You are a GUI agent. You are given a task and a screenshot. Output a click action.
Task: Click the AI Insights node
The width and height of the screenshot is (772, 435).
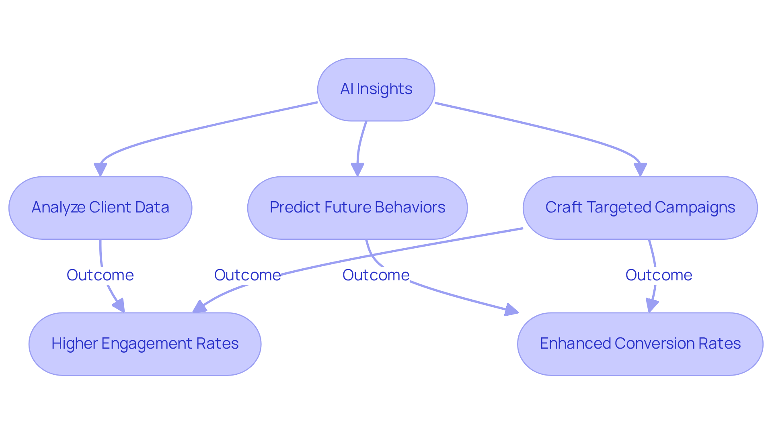[376, 89]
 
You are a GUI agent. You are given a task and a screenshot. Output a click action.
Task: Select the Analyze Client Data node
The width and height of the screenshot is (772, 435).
[100, 208]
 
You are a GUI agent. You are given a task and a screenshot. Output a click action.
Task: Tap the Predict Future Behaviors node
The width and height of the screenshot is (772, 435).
[357, 208]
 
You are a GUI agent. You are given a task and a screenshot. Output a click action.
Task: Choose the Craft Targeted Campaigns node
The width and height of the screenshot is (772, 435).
[640, 208]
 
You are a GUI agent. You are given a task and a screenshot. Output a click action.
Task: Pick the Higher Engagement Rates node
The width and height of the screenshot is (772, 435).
[145, 344]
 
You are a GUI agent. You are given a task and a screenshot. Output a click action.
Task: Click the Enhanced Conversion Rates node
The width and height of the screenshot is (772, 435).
[640, 344]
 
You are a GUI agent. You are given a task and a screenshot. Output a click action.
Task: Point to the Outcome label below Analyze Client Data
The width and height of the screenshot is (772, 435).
[100, 275]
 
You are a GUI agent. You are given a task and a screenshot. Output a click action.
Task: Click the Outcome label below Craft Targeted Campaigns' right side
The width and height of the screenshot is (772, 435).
[659, 275]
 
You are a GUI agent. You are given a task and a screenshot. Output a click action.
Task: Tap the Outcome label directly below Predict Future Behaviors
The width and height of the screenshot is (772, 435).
[376, 275]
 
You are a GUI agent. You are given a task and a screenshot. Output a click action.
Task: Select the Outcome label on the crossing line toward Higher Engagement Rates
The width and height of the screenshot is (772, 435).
[247, 275]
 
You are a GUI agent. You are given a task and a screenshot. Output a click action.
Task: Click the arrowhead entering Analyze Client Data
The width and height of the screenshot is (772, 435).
[100, 169]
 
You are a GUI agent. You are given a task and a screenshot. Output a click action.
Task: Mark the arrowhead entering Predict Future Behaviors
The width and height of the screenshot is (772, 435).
[357, 169]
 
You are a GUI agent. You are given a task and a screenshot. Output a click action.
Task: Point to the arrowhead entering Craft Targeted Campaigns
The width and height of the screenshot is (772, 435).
[640, 169]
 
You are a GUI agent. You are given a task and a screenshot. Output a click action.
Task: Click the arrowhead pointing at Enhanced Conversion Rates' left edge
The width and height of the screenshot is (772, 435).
[511, 310]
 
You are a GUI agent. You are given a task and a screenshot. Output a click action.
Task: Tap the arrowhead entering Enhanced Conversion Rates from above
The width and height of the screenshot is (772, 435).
[651, 305]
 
